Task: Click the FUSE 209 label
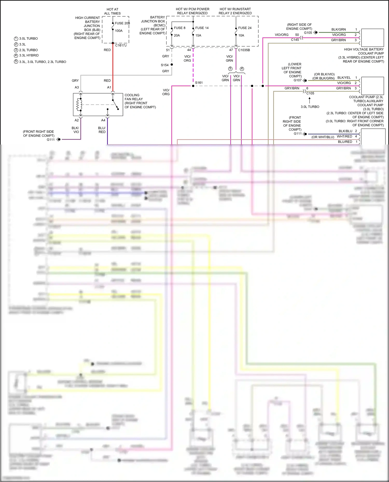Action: click(x=122, y=23)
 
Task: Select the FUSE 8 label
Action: click(x=179, y=28)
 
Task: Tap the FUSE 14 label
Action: click(x=202, y=28)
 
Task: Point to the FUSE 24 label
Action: click(x=245, y=28)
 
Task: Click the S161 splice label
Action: click(x=199, y=83)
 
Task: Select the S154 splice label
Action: click(x=164, y=65)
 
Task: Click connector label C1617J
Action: click(x=121, y=45)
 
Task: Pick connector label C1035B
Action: click(x=244, y=50)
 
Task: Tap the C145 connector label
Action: click(x=295, y=40)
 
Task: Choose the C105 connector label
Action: click(x=310, y=93)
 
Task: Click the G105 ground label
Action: click(x=308, y=33)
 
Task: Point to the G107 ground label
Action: click(x=297, y=80)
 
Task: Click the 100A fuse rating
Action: click(x=119, y=31)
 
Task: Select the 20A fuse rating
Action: click(x=177, y=35)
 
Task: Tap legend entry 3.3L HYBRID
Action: click(x=29, y=55)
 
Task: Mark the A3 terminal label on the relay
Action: click(x=77, y=88)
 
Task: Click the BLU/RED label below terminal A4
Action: click(x=102, y=130)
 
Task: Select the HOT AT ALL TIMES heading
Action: click(x=112, y=11)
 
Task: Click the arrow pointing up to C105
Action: click(x=309, y=100)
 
